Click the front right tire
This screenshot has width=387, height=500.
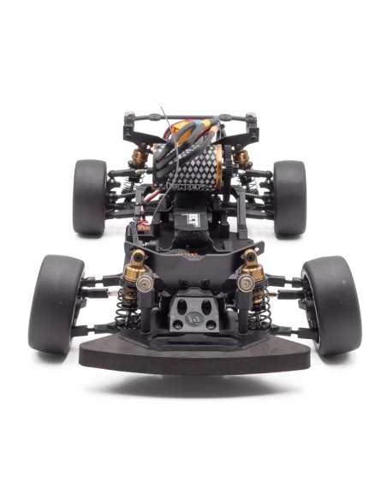point(330,304)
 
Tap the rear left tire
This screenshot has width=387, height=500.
point(90,197)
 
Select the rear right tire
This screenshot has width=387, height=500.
point(289,197)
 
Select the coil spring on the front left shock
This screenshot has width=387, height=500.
point(126,315)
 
